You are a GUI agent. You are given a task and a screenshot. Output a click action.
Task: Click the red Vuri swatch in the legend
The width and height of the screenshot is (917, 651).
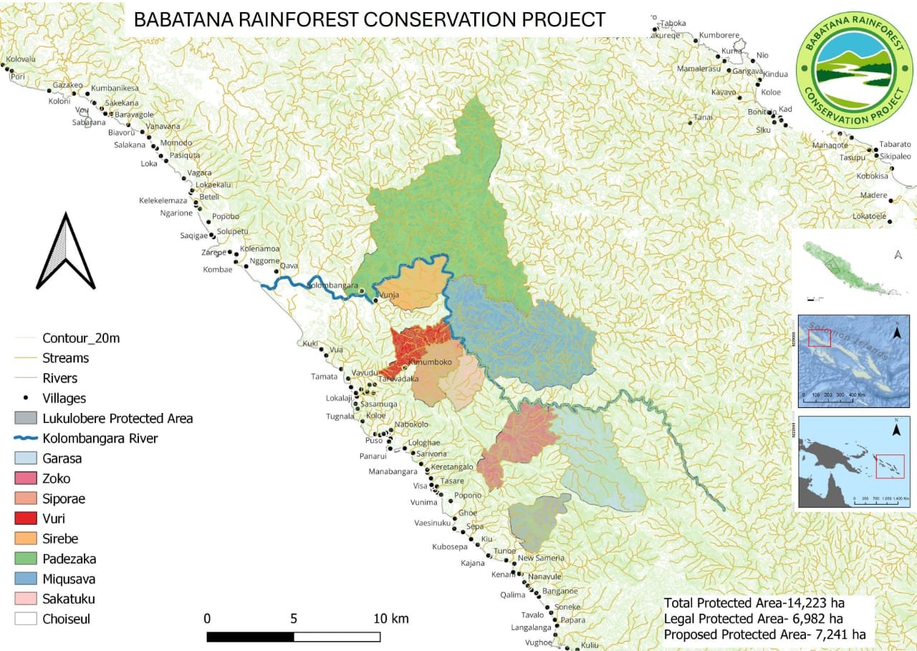26,518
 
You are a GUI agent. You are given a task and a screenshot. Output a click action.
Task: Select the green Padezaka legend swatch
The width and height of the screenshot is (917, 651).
26,559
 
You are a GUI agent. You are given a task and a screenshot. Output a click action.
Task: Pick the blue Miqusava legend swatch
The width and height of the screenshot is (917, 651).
26,579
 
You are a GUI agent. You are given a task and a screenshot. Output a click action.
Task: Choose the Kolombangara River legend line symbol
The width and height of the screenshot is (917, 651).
26,438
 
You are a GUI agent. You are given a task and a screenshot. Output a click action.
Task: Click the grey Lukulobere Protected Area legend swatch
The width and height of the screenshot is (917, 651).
26,418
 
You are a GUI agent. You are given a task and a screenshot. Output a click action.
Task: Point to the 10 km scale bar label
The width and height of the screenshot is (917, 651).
390,618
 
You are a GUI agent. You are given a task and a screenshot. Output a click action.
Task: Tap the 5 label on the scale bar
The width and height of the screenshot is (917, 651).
294,618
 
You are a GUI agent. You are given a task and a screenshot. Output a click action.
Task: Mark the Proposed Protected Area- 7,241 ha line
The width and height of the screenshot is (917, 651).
764,635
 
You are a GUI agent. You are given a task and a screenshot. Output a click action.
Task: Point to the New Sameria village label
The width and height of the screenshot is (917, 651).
541,558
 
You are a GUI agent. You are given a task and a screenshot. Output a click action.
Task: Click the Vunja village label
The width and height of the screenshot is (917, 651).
388,295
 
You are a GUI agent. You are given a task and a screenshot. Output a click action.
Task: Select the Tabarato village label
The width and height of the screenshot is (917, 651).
895,143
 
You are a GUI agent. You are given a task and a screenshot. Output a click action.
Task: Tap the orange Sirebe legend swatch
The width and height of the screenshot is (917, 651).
26,538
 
